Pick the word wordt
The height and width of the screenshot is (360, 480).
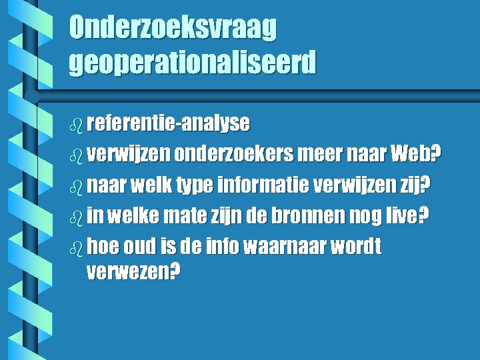(360, 247)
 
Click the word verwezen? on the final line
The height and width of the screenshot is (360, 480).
(133, 273)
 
